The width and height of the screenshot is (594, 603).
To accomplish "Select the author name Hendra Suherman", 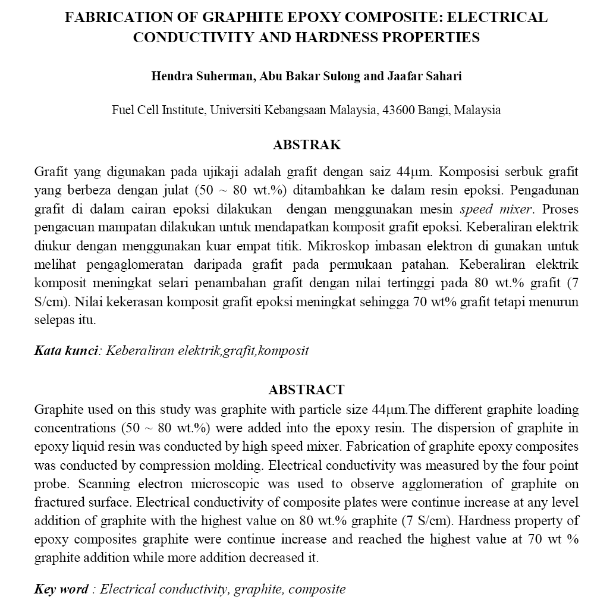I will pyautogui.click(x=198, y=77).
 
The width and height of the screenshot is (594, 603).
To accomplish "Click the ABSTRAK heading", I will pyautogui.click(x=306, y=145).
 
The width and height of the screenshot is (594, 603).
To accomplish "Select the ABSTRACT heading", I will pyautogui.click(x=306, y=390).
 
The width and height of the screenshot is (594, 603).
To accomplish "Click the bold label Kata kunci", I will pyautogui.click(x=65, y=350).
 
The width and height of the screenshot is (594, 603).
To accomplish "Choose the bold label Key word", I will pyautogui.click(x=61, y=589).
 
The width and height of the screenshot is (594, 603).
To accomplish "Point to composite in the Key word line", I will pyautogui.click(x=316, y=589).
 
